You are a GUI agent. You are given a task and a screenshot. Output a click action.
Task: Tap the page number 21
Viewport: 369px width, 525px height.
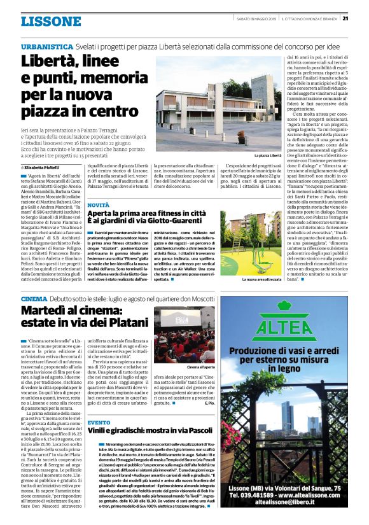(x=362, y=18)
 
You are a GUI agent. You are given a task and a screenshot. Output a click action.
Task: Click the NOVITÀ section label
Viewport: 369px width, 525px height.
(x=98, y=206)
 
